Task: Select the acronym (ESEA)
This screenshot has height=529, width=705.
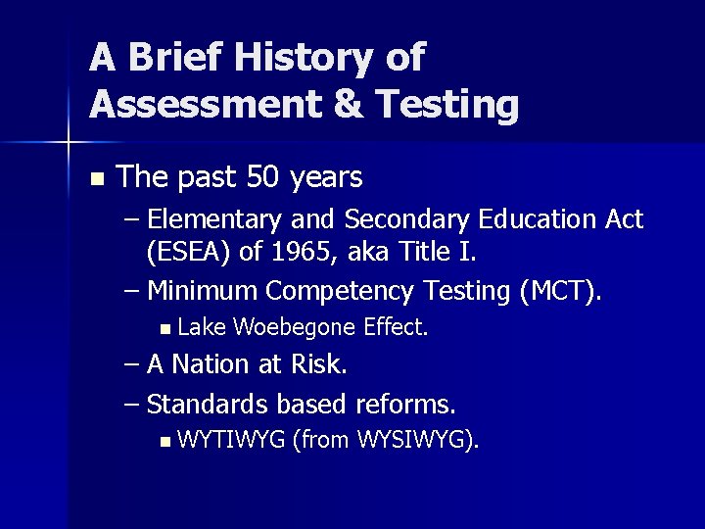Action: (190, 253)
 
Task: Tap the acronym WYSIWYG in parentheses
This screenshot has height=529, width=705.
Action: (416, 439)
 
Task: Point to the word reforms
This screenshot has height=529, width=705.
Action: (405, 403)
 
